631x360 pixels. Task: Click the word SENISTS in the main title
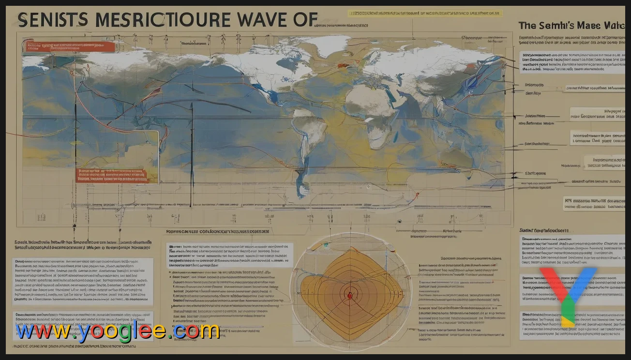(53, 21)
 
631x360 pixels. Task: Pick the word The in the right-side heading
(527, 25)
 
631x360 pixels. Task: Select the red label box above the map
(68, 46)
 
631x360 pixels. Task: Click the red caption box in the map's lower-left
(110, 175)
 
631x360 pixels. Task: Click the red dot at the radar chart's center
(350, 293)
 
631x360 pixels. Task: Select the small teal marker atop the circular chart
(326, 246)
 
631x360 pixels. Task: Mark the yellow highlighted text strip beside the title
(425, 13)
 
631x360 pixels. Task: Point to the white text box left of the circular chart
(229, 255)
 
